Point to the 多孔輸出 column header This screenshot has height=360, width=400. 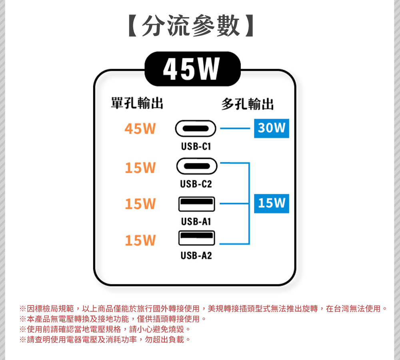[x=248, y=104]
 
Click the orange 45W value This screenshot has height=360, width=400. [x=140, y=129]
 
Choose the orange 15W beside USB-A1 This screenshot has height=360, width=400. [x=140, y=204]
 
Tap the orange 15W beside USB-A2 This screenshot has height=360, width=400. [x=140, y=241]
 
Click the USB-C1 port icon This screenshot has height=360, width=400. [x=196, y=129]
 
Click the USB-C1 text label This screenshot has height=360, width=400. [x=196, y=147]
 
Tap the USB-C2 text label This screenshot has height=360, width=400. [x=196, y=184]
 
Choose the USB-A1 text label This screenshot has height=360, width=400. [x=196, y=221]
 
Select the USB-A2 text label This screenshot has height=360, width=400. [x=196, y=256]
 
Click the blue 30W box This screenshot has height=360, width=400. [x=271, y=128]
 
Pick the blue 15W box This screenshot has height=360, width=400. [x=271, y=203]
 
